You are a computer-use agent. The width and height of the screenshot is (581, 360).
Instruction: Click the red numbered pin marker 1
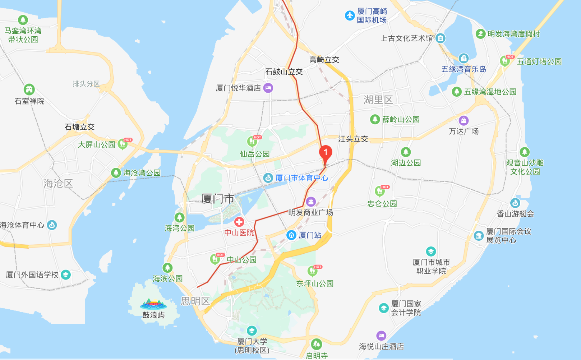(326, 153)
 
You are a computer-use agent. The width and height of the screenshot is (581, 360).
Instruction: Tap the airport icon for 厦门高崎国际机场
(350, 15)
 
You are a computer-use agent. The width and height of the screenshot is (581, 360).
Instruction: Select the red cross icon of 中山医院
(239, 222)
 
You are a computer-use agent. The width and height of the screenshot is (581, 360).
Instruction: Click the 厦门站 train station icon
(291, 235)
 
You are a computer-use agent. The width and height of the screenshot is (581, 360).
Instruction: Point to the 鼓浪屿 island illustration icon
(153, 304)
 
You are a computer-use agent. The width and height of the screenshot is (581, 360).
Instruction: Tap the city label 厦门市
(217, 199)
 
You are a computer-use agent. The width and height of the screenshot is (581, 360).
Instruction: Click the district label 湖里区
(378, 100)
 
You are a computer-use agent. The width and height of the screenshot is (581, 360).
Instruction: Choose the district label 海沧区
(58, 184)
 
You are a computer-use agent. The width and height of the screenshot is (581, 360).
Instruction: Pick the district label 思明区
(195, 301)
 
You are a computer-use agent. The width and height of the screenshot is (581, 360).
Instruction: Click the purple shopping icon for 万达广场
(464, 120)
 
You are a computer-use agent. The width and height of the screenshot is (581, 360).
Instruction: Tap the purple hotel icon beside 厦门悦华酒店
(268, 88)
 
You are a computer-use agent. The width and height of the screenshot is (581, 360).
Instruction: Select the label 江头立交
(353, 139)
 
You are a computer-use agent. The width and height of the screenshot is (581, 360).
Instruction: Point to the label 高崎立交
(324, 60)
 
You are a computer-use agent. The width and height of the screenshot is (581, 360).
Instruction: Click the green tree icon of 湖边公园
(406, 152)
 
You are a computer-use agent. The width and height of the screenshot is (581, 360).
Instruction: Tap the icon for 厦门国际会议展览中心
(479, 236)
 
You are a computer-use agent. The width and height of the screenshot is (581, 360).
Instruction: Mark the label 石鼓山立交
(284, 72)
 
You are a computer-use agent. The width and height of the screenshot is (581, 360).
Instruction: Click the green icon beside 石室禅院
(29, 89)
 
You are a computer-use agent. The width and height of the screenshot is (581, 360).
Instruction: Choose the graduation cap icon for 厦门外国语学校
(66, 275)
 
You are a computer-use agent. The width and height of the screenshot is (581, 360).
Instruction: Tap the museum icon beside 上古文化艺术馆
(441, 38)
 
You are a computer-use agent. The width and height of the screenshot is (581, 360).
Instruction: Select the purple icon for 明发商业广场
(311, 202)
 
